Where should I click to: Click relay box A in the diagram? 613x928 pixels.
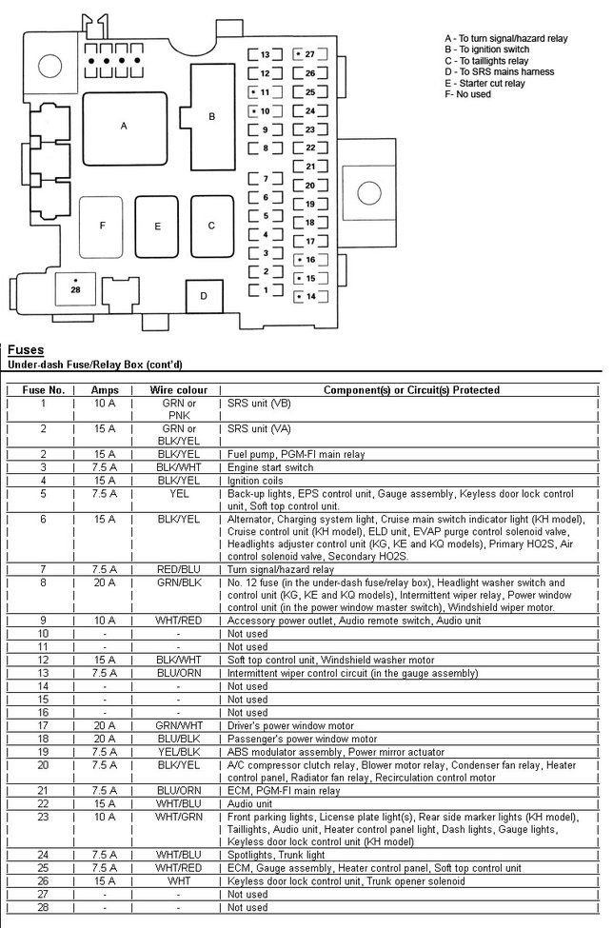tap(124, 126)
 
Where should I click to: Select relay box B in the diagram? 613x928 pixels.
tap(212, 116)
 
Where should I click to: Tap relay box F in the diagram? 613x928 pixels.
tap(102, 227)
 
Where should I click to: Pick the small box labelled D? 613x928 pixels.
tap(203, 296)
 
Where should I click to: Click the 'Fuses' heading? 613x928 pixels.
tap(25, 350)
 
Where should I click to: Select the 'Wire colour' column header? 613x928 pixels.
tap(178, 390)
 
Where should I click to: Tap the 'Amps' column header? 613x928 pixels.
tap(105, 390)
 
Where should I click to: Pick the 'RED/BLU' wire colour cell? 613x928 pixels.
tap(178, 569)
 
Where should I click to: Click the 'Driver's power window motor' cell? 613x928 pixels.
tap(287, 725)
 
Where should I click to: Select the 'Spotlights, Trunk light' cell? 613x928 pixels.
tap(276, 855)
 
